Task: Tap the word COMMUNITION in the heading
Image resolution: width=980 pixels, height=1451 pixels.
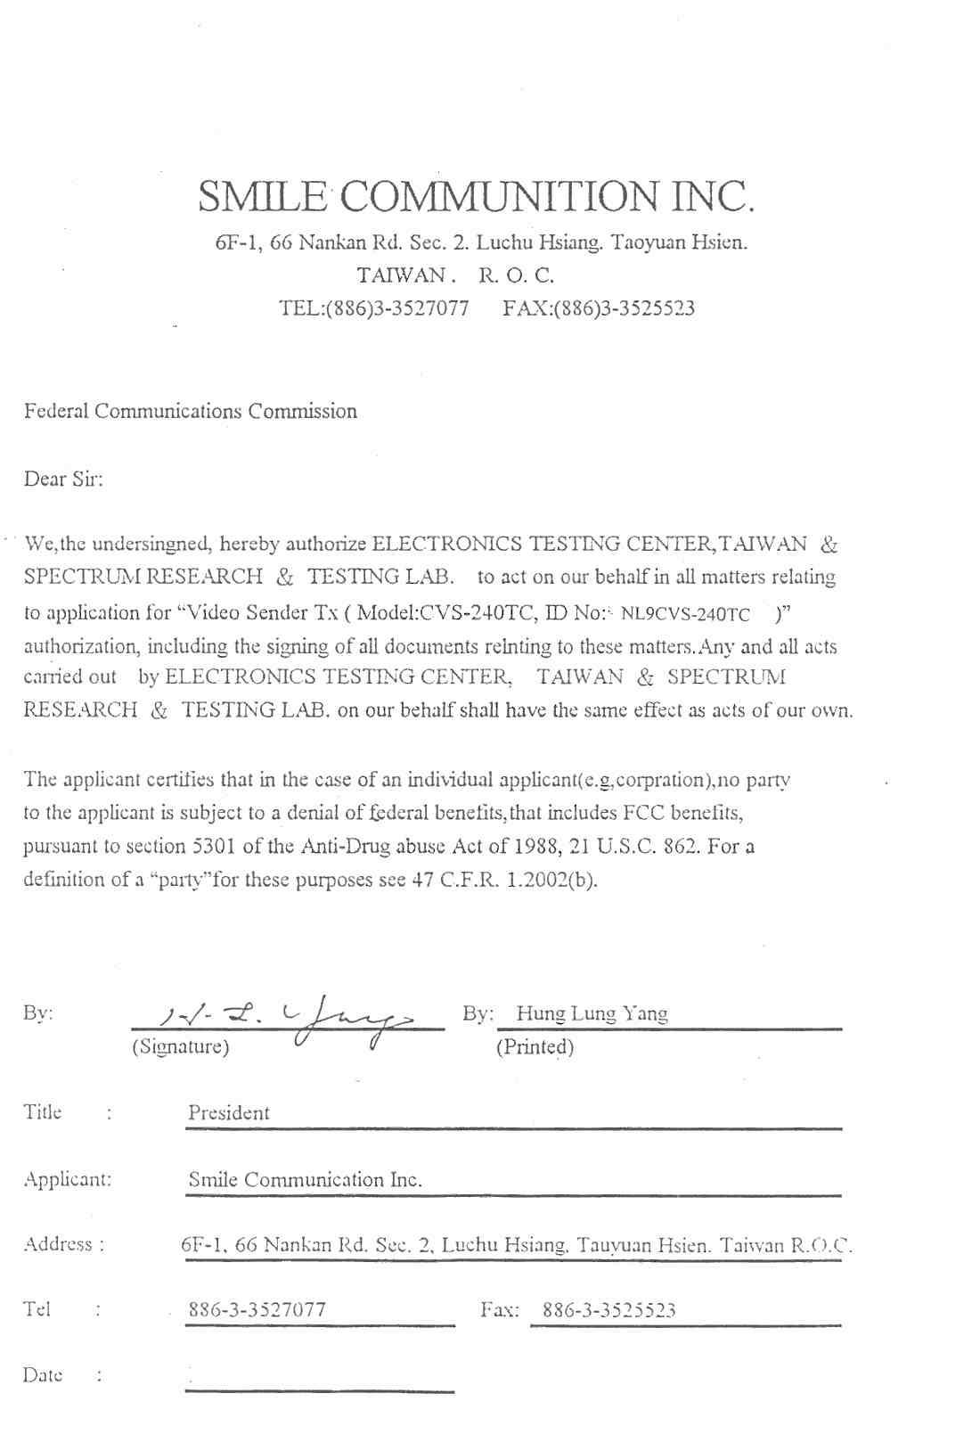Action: (499, 196)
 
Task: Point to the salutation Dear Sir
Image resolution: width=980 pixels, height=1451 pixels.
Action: (63, 480)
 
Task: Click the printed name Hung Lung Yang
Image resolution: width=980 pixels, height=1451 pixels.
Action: (592, 1013)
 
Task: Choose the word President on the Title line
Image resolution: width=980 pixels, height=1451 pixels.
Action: (228, 1112)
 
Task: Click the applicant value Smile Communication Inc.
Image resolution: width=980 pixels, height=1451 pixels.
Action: (304, 1179)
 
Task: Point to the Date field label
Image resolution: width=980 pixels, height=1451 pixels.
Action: (43, 1374)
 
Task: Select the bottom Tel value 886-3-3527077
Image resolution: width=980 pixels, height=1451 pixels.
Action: (257, 1309)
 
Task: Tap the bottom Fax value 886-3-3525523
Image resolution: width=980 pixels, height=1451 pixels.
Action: (608, 1309)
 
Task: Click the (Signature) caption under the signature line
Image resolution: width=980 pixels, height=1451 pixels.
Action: (180, 1046)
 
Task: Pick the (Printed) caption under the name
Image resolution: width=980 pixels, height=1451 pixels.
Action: (535, 1046)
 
